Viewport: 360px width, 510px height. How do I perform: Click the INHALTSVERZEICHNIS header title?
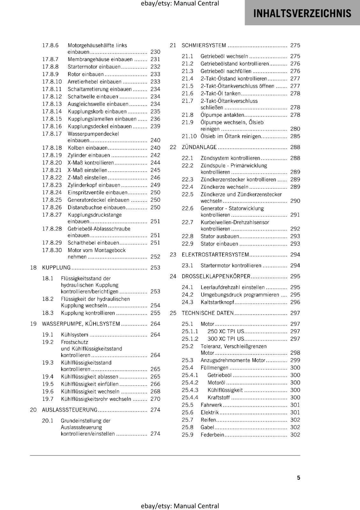302,13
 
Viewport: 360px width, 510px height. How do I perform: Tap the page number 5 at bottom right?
299,477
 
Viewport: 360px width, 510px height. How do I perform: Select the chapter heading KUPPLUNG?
56,267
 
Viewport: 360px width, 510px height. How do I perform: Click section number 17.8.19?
52,155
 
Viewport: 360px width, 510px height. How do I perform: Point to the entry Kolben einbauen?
88,148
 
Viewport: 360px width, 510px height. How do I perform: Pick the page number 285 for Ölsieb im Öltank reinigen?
295,136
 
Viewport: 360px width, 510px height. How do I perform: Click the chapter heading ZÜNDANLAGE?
199,147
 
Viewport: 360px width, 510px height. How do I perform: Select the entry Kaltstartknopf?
217,302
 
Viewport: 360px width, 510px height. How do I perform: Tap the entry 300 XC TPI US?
226,339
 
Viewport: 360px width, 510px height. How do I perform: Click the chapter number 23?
173,255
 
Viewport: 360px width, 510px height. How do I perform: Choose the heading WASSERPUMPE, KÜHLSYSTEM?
81,324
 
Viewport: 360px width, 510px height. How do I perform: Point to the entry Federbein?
212,435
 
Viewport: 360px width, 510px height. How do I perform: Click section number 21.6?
187,93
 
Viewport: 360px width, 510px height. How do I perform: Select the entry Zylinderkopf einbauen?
94,185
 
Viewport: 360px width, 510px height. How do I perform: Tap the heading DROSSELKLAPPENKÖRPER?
216,276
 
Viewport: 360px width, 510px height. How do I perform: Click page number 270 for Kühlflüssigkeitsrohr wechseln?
155,399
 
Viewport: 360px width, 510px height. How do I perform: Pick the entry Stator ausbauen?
220,237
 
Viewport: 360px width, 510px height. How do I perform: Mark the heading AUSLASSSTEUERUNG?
70,410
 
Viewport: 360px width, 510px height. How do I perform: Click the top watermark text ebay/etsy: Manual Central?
180,4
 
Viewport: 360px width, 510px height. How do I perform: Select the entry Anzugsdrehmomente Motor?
233,360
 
